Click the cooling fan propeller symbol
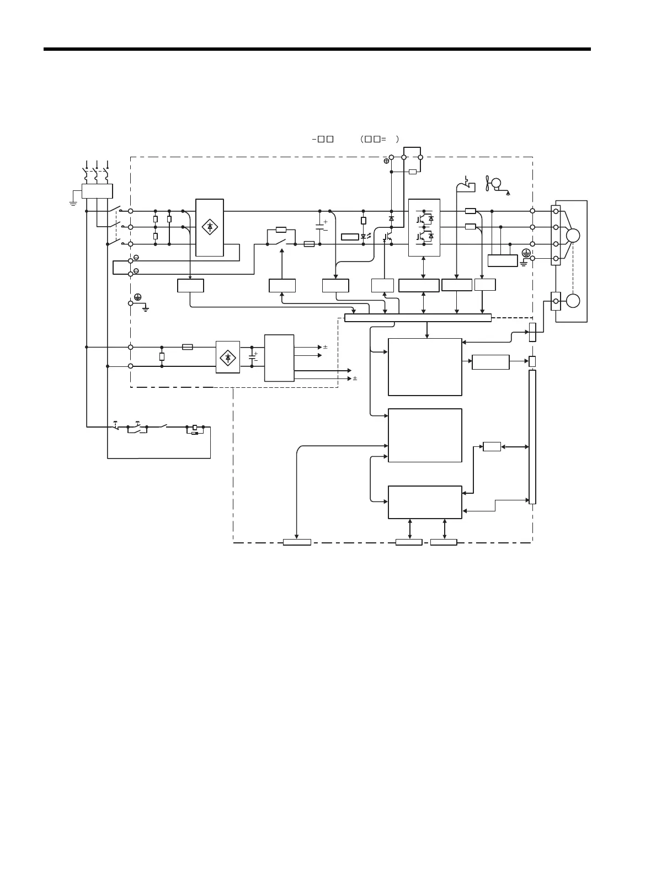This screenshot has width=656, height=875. [x=488, y=183]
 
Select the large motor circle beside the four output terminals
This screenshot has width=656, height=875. [x=573, y=236]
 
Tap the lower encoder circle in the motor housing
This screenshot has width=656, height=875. [x=573, y=301]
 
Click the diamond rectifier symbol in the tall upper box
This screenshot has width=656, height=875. [x=210, y=227]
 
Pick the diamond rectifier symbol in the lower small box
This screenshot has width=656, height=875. [x=228, y=357]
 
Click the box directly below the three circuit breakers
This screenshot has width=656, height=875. [x=97, y=191]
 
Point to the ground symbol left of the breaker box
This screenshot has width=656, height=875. [x=72, y=202]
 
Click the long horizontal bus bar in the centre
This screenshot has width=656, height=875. [x=418, y=317]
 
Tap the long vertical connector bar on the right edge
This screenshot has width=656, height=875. [x=532, y=436]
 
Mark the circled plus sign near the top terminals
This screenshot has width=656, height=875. [x=386, y=161]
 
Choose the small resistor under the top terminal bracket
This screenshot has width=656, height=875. [x=413, y=172]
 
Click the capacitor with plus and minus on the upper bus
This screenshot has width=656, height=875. [x=319, y=227]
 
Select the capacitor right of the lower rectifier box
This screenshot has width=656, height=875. [x=252, y=356]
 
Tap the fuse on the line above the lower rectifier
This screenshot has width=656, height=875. [x=188, y=347]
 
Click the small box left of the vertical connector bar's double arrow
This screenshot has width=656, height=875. [x=492, y=446]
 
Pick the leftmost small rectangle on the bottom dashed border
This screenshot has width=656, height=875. [x=297, y=542]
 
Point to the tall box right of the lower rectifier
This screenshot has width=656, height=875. [x=279, y=357]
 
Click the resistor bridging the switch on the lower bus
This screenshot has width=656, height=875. [x=281, y=230]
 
